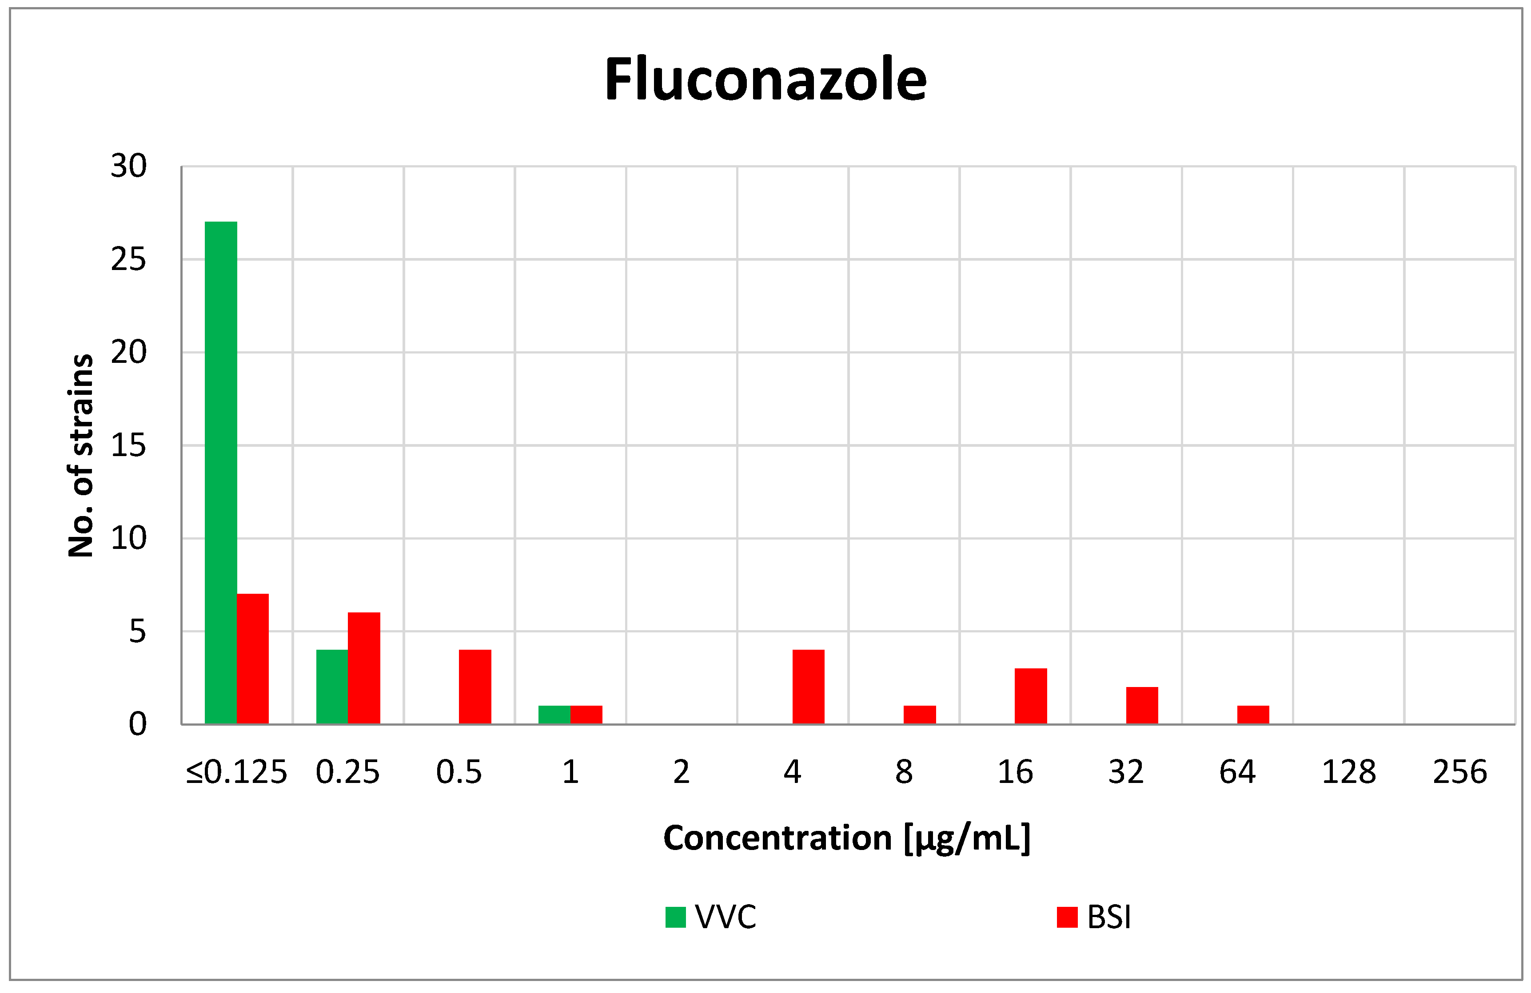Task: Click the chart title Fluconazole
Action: [x=765, y=80]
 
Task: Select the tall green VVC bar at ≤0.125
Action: [x=221, y=473]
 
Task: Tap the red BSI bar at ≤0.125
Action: [x=253, y=659]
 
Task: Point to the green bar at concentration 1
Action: [x=554, y=715]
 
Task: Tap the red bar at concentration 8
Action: [x=919, y=715]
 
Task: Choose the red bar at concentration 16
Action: [x=1031, y=696]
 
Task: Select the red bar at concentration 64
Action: [x=1253, y=715]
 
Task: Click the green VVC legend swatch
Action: [x=675, y=917]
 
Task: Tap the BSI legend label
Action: [x=1109, y=917]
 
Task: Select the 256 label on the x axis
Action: [x=1459, y=772]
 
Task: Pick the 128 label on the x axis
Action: [x=1348, y=772]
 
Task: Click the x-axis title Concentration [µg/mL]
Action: [x=846, y=838]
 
